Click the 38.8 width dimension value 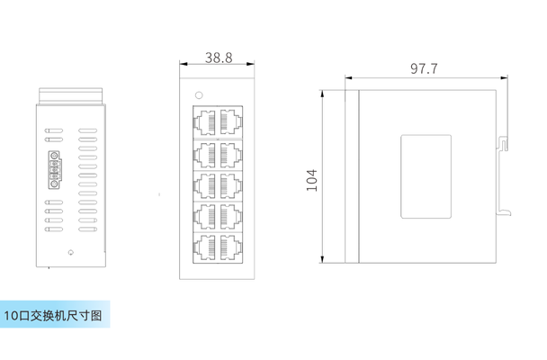[218, 58]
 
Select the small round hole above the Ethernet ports [199, 93]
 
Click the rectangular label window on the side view [426, 176]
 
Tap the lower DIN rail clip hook [505, 211]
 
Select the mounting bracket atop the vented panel [72, 93]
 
